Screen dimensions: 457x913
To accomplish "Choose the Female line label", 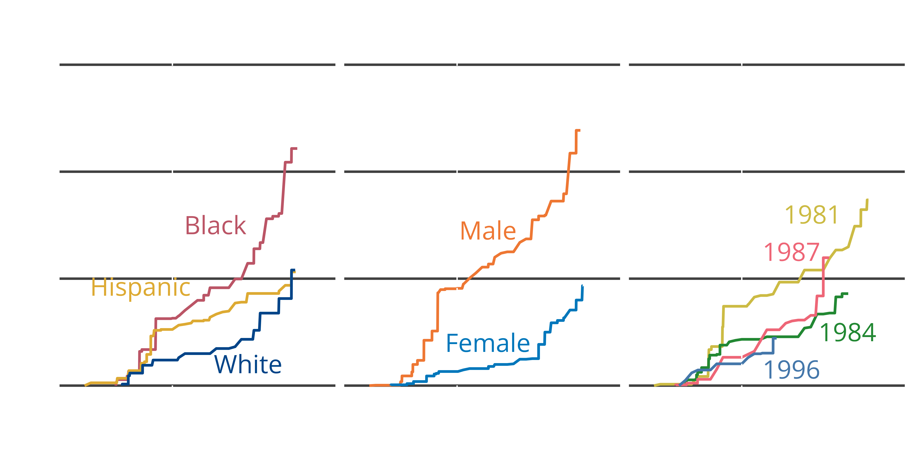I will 488,344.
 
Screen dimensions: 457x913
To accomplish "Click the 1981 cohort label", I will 812,215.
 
